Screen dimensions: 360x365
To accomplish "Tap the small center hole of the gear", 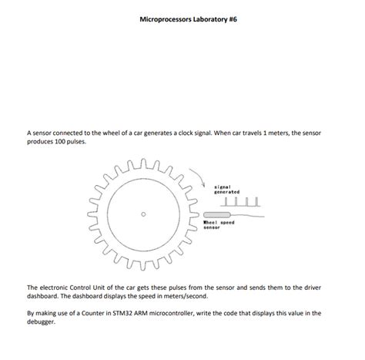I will pos(143,214).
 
